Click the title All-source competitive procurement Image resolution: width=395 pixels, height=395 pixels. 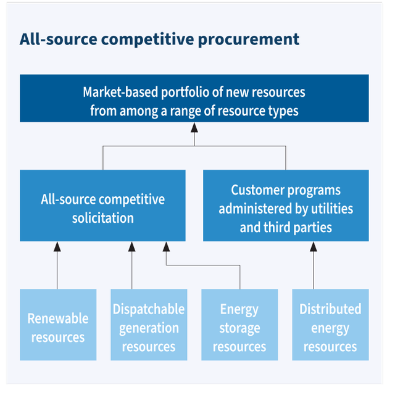click(159, 39)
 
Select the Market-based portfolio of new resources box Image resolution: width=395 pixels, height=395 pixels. click(194, 99)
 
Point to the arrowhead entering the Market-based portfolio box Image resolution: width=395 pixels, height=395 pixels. click(194, 127)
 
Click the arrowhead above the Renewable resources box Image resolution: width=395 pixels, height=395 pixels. click(57, 246)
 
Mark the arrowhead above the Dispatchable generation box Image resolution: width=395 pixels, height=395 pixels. click(131, 246)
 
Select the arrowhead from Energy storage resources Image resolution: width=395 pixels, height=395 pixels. click(166, 246)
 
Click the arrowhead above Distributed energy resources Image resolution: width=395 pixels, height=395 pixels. click(313, 246)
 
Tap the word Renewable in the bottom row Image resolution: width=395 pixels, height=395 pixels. click(58, 318)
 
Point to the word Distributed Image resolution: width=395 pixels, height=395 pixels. click(330, 309)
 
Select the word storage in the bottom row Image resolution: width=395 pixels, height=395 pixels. click(239, 328)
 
